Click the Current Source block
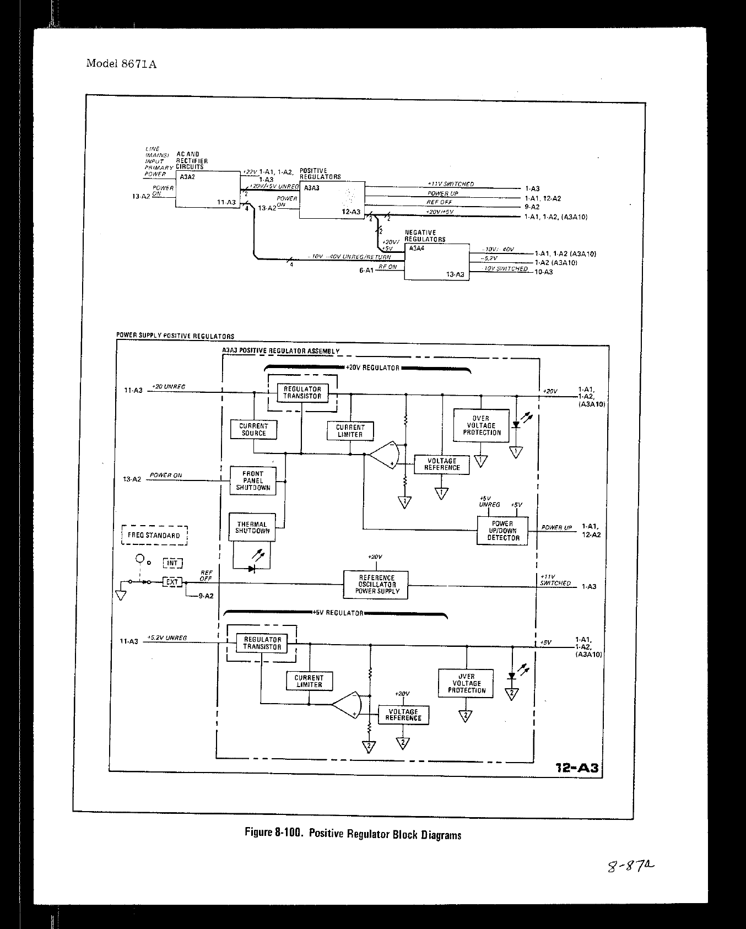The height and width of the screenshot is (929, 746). (253, 430)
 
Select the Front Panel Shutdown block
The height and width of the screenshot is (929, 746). (253, 480)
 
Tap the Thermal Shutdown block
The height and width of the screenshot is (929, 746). (252, 528)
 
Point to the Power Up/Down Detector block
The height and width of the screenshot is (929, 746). (502, 531)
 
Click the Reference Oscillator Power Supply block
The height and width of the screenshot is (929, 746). (376, 585)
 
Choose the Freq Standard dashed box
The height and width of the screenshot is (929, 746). (154, 535)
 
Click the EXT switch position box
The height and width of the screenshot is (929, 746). (172, 582)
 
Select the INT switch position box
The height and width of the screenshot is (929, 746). (172, 563)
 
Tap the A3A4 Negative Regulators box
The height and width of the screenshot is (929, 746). (436, 262)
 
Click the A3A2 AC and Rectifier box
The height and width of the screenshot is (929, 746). (206, 189)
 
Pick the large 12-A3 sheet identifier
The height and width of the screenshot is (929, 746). (577, 768)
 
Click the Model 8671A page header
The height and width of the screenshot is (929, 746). (121, 63)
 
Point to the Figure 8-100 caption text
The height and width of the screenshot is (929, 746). (353, 834)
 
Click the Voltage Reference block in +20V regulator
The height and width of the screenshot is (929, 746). (442, 464)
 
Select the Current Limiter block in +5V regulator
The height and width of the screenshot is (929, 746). (309, 681)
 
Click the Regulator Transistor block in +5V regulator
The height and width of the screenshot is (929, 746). (262, 643)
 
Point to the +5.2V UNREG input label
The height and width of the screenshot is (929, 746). (167, 638)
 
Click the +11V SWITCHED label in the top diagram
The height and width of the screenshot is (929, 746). (450, 184)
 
